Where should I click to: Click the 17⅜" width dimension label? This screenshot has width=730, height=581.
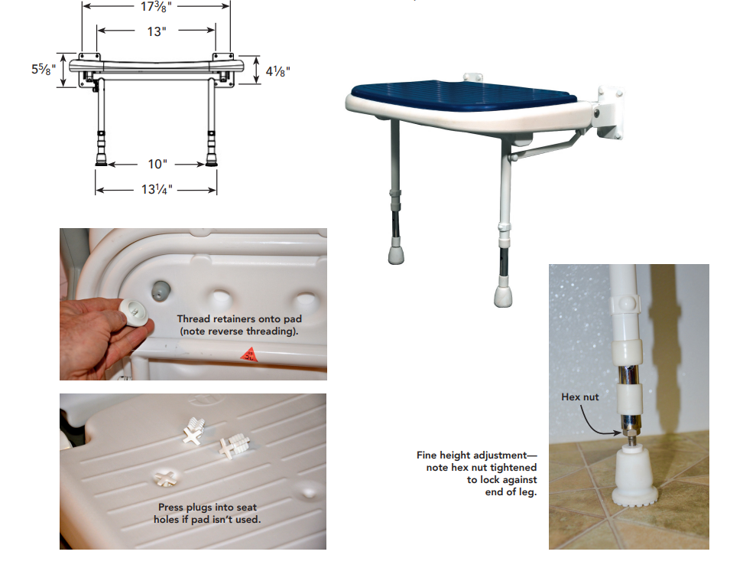pos(156,7)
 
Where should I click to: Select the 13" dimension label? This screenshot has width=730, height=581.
pos(157,31)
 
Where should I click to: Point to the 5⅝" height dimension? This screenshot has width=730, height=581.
pos(44,69)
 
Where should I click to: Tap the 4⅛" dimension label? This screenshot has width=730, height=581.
pos(278,71)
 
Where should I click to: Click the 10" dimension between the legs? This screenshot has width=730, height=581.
pos(157,164)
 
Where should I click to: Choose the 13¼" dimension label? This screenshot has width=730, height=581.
pos(157,189)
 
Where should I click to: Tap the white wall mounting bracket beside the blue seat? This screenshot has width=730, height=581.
pos(609,113)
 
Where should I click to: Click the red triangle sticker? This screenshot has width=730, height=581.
pos(249,354)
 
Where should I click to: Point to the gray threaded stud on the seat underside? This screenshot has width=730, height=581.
pos(160,290)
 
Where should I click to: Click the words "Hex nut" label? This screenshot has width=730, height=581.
pos(580,397)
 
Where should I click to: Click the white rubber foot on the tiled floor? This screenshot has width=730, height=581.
pos(634,475)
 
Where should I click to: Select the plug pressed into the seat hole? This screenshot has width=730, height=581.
pos(165,477)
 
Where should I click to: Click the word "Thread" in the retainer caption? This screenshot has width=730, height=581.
pos(193,319)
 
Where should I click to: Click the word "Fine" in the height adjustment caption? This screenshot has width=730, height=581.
pos(427,455)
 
